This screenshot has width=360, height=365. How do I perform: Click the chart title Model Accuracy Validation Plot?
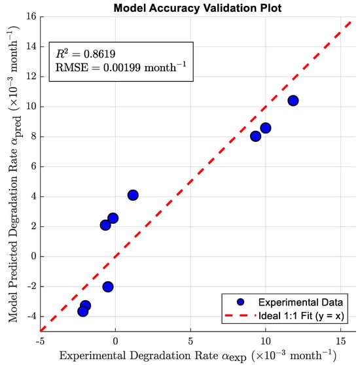click(198, 8)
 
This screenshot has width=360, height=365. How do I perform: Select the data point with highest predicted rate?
click(293, 101)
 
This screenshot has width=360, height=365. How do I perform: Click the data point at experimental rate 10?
click(266, 128)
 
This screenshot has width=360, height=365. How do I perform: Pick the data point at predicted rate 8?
click(255, 136)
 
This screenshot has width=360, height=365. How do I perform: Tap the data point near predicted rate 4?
click(133, 195)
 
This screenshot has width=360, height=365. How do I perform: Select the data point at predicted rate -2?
click(108, 287)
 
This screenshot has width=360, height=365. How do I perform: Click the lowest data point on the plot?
click(82, 311)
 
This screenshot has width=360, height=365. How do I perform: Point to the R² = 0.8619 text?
click(86, 54)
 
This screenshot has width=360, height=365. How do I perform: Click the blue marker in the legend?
click(240, 302)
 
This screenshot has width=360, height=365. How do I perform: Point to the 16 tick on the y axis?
click(31, 16)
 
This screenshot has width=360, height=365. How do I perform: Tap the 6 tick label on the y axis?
click(34, 166)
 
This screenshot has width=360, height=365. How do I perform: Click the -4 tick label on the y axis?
click(32, 317)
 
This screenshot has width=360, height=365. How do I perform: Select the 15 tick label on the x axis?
click(340, 341)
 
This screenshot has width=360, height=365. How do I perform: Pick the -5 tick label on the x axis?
click(41, 341)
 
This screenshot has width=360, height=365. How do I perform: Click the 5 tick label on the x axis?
click(190, 341)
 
